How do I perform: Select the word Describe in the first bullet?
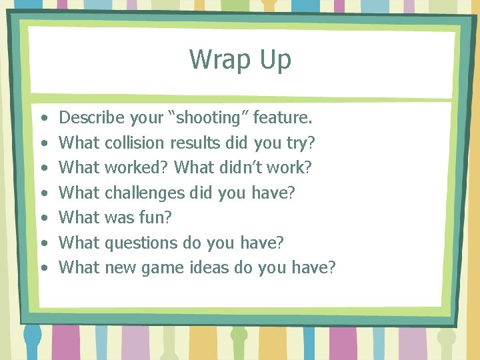(92, 118)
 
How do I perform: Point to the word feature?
(283, 118)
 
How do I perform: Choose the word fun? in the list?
(156, 217)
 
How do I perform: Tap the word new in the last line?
(119, 267)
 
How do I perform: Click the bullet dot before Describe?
(43, 119)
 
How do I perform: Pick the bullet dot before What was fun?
(43, 218)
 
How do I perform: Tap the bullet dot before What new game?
(43, 268)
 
